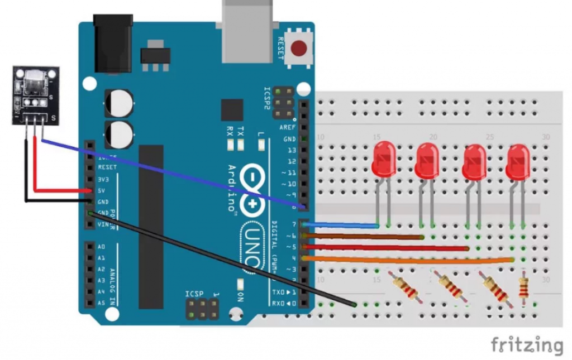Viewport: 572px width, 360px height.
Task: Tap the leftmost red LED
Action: click(383, 159)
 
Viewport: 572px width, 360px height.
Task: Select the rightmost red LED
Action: click(517, 161)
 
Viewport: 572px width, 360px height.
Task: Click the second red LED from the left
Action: click(427, 160)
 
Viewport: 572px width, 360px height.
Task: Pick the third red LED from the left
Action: click(475, 161)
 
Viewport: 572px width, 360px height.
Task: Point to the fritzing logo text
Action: click(526, 345)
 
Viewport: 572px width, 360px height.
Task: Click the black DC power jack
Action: click(113, 43)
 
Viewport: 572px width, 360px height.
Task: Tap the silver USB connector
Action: click(247, 31)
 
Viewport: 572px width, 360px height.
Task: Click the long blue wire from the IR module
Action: click(168, 172)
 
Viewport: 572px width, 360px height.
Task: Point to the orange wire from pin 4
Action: click(408, 260)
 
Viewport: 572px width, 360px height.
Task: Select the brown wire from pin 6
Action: click(363, 237)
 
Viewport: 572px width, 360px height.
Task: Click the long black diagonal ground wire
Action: click(223, 258)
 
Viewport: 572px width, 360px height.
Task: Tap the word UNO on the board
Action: click(252, 246)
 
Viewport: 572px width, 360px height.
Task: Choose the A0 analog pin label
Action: click(101, 246)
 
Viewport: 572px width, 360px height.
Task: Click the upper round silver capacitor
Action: click(119, 103)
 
